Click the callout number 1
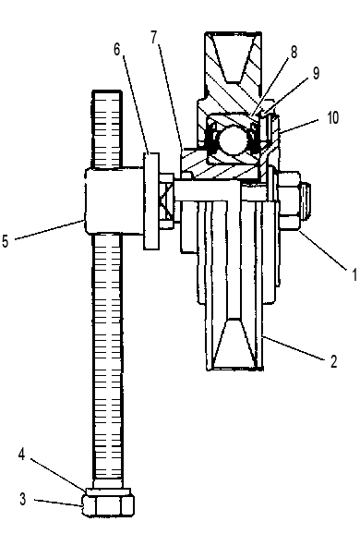(x=354, y=274)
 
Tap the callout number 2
(x=333, y=361)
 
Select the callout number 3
(x=22, y=499)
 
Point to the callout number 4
(x=22, y=455)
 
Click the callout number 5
(x=5, y=241)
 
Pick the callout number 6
(x=116, y=49)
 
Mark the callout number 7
(x=153, y=37)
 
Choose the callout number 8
(x=294, y=52)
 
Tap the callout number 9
(x=316, y=73)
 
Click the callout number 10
(x=332, y=118)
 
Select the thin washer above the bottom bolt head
(x=109, y=491)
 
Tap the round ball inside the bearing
(x=233, y=139)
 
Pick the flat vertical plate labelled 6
(x=151, y=201)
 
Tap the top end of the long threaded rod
(x=107, y=91)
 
